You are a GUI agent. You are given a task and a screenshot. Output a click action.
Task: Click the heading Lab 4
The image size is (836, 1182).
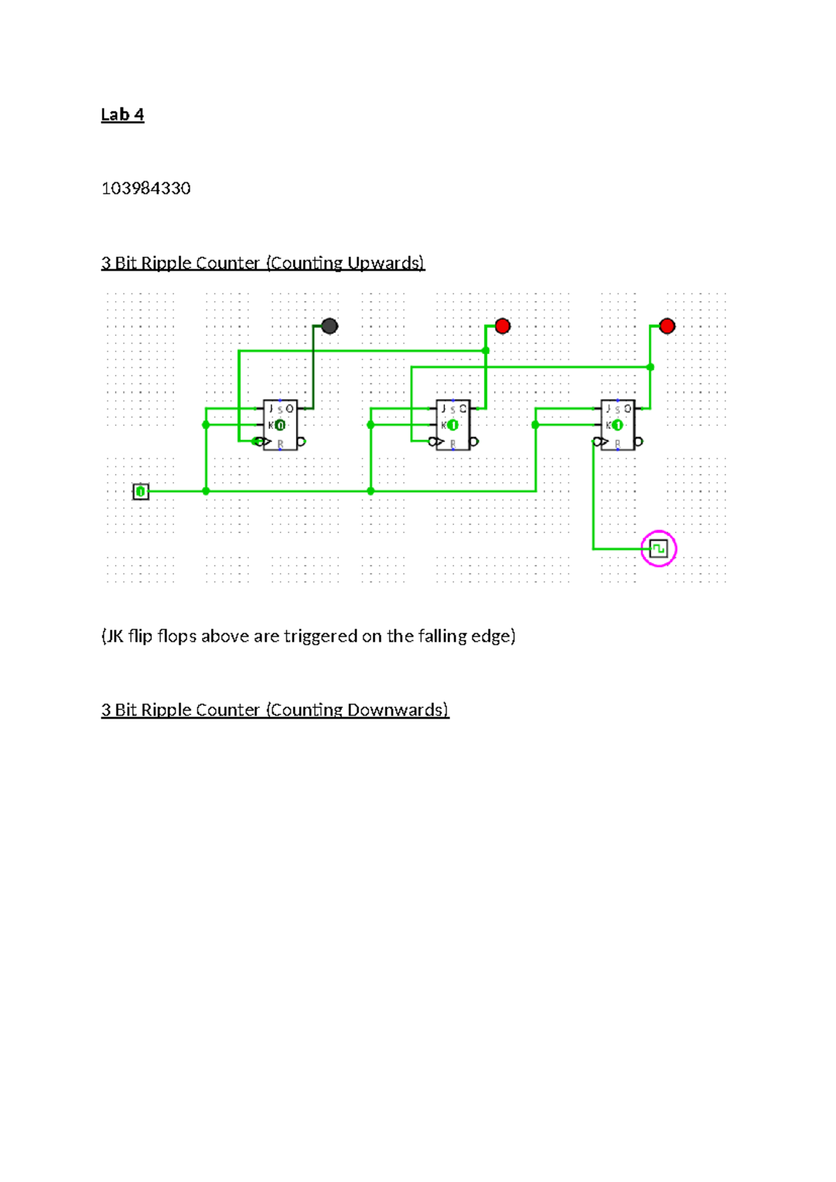point(122,114)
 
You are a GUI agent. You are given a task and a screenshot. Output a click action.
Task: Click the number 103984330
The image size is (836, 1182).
point(146,188)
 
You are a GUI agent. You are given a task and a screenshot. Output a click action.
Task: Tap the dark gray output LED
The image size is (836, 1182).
point(330,325)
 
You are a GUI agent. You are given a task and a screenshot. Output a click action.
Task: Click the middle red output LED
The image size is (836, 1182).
point(502,325)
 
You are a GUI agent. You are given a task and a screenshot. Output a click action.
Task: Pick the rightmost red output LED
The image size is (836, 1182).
point(667,325)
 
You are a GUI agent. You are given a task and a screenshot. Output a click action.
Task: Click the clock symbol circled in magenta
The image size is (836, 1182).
point(658,548)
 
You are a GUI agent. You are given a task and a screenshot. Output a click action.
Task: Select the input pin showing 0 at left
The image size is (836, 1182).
point(141,491)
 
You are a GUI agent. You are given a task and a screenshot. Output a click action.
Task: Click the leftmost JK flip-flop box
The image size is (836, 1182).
point(280,425)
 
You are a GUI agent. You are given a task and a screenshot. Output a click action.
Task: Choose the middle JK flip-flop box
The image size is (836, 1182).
point(453,425)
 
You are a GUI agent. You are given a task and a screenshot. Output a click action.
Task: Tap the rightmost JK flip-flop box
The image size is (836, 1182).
point(617,425)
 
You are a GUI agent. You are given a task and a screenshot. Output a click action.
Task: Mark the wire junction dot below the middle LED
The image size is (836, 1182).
point(486,351)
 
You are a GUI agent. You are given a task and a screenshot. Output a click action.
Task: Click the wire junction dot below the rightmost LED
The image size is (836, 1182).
point(650,367)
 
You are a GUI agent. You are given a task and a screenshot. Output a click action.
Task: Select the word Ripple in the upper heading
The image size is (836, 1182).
point(165,263)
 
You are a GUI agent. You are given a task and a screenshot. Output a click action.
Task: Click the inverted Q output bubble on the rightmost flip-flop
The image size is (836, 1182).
point(639,441)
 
